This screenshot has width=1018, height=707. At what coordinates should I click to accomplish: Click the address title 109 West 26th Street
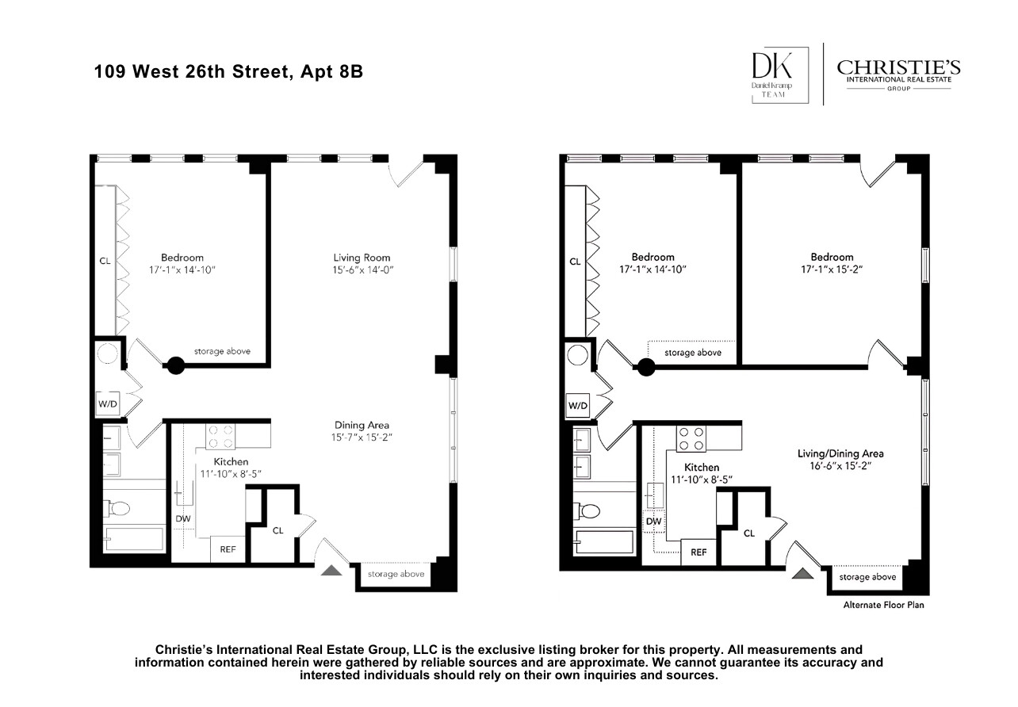[228, 72]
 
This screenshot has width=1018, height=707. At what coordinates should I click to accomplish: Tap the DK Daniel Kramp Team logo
[780, 75]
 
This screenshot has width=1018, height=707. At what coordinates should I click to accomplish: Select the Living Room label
[362, 258]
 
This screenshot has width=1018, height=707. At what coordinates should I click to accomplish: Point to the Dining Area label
[362, 425]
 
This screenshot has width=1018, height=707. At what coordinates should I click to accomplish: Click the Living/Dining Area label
[840, 453]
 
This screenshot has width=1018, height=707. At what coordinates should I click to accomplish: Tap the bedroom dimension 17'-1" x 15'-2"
[832, 269]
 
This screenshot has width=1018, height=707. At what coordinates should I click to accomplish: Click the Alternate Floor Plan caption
[883, 605]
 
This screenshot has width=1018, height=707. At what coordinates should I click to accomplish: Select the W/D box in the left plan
[107, 404]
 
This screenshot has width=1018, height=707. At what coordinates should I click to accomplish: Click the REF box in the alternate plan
[698, 552]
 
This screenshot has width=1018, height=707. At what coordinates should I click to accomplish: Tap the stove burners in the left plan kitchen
[220, 437]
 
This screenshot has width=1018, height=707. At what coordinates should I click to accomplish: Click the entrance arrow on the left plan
[332, 568]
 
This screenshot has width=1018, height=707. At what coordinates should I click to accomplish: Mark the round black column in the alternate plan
[647, 367]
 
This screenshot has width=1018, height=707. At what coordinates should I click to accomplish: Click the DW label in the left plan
[183, 519]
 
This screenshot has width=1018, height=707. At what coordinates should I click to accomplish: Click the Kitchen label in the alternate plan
[702, 468]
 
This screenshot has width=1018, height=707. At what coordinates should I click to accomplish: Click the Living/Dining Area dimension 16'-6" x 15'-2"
[840, 466]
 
